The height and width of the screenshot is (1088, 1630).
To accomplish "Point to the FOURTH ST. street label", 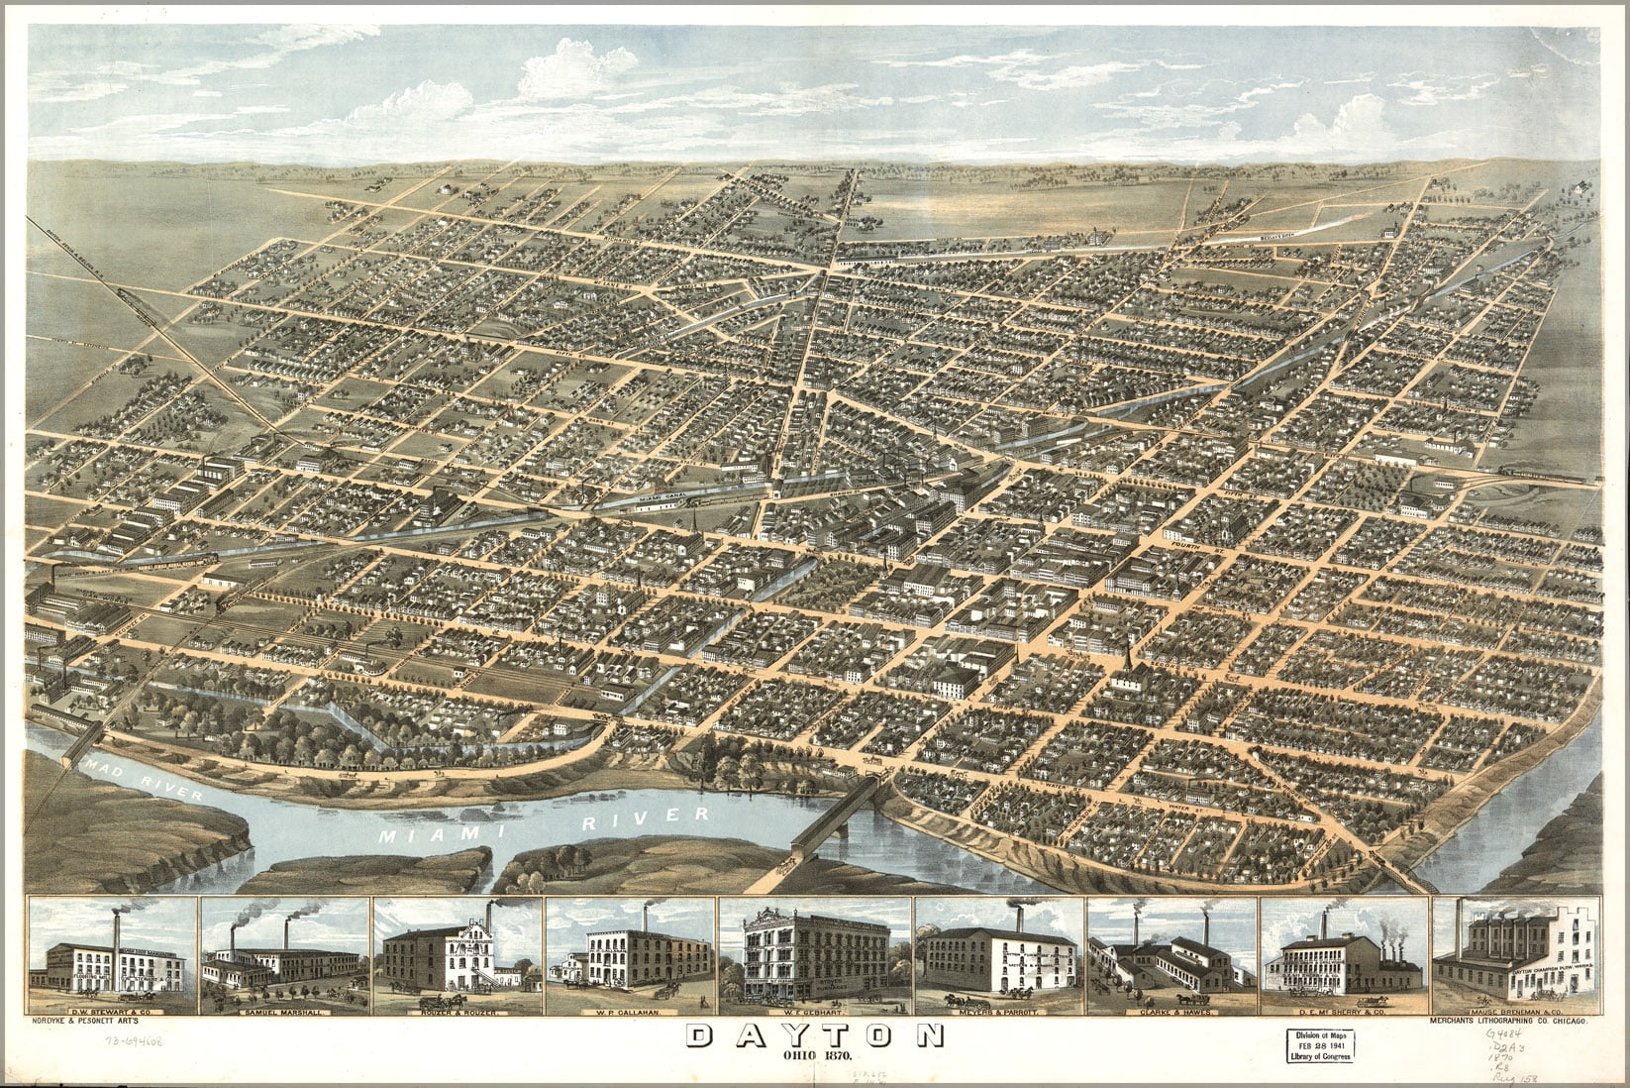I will coord(1186,541).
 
